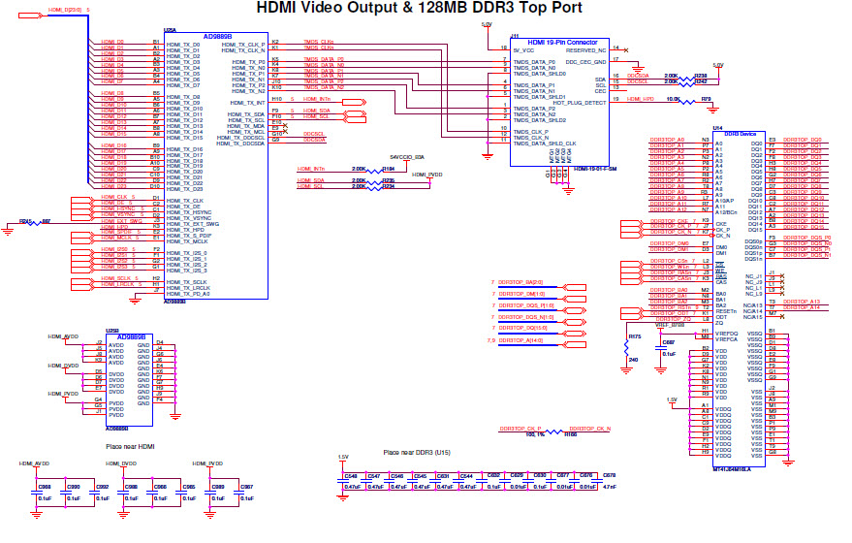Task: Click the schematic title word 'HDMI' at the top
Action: (281, 9)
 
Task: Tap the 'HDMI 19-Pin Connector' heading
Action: (561, 43)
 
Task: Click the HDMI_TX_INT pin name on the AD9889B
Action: (248, 102)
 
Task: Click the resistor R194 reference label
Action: (389, 168)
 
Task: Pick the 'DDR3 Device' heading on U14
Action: (740, 133)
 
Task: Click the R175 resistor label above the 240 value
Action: (635, 336)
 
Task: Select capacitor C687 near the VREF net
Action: (668, 342)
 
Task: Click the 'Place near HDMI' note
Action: (130, 446)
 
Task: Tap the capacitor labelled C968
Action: (45, 487)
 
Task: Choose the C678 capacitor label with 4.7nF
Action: (609, 476)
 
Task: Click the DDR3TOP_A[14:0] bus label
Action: (523, 340)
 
